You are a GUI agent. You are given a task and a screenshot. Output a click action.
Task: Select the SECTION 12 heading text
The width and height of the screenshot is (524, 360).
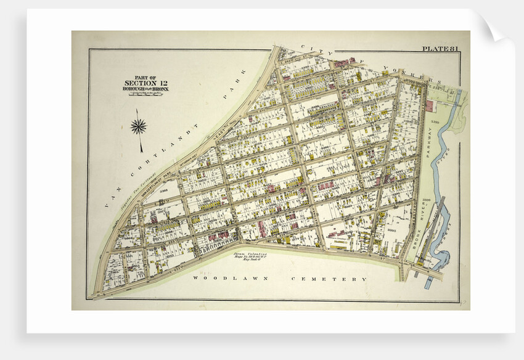tap(145, 83)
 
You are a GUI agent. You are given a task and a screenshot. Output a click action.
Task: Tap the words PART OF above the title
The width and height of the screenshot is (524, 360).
tap(145, 77)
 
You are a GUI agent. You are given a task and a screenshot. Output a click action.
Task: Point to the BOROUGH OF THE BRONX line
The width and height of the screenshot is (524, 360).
tap(145, 89)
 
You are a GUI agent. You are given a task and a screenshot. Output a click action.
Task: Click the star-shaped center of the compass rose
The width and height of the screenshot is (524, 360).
tap(139, 126)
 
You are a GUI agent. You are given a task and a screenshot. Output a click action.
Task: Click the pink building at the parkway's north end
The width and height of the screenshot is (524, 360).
tap(429, 106)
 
